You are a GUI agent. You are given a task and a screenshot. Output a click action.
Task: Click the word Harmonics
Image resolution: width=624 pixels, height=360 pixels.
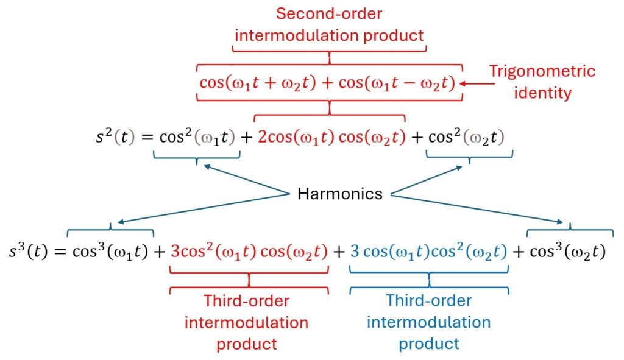(340, 194)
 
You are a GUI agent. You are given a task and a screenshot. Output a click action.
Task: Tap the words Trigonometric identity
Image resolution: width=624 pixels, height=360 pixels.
(542, 82)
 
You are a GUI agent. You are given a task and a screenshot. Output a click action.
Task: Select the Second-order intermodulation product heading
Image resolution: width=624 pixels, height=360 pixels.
(329, 24)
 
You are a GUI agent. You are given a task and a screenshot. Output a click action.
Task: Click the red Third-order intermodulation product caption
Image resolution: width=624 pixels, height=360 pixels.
(247, 322)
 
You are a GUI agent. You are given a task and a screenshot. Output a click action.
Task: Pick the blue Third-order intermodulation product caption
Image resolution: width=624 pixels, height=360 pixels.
(429, 322)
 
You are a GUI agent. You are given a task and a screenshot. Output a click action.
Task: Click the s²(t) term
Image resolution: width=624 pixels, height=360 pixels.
(115, 136)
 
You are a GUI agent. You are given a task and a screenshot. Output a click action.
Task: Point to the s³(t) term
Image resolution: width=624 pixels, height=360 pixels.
(28, 251)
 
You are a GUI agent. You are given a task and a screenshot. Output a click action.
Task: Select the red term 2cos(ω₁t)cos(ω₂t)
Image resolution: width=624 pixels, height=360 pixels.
(331, 137)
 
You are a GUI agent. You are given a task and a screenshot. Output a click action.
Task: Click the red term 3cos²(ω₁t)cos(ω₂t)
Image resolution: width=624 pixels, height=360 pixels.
(249, 252)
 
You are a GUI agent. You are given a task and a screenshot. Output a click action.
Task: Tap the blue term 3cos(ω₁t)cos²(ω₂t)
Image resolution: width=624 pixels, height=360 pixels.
(429, 252)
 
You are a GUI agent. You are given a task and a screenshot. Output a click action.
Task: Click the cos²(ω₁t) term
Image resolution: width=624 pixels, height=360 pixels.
(197, 137)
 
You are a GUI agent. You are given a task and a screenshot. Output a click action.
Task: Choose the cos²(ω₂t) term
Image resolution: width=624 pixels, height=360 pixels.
(466, 137)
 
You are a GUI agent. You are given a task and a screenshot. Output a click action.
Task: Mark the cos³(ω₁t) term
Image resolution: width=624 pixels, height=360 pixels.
(110, 252)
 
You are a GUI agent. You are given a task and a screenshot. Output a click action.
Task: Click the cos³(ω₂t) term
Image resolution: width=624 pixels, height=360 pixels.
(568, 252)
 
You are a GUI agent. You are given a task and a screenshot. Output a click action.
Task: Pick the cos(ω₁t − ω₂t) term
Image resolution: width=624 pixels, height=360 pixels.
(397, 83)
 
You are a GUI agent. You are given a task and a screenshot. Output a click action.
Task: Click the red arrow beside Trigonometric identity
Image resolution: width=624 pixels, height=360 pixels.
(477, 83)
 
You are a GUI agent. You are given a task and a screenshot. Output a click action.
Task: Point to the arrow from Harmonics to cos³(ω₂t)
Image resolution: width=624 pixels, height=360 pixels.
(477, 208)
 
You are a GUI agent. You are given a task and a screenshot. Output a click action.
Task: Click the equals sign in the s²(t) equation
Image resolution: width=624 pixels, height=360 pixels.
(147, 137)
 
